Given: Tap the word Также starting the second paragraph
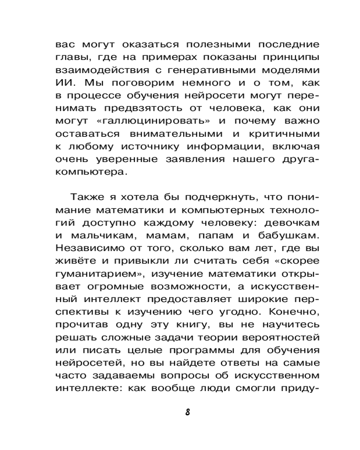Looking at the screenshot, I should coord(83,198).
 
